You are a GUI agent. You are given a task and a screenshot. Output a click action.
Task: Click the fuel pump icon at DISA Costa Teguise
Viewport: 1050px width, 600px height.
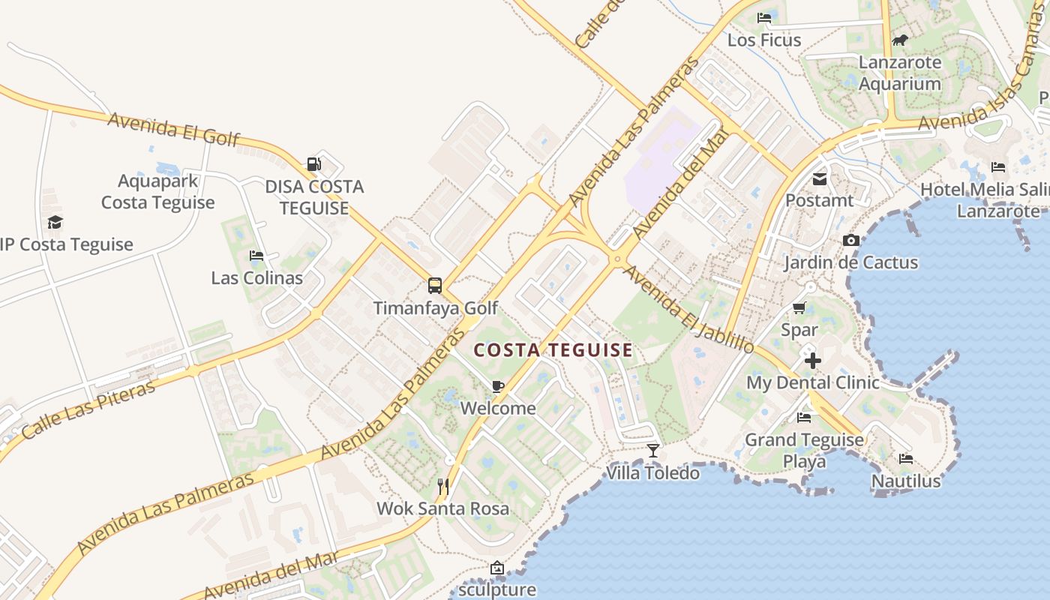pos(313,163)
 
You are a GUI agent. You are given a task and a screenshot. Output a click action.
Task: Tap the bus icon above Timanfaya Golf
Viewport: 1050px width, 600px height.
pos(435,285)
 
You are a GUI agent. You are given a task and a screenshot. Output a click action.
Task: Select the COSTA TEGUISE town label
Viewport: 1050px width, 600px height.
pos(553,350)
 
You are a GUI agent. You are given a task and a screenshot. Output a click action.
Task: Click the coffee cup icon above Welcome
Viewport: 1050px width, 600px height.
pos(497,386)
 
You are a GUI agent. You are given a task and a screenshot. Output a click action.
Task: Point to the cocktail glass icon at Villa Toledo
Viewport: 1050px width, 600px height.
pos(653,450)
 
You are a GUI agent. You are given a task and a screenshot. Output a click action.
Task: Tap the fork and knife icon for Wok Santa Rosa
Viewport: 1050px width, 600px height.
pos(443,487)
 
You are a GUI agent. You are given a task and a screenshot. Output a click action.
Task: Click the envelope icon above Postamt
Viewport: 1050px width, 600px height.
pos(819,179)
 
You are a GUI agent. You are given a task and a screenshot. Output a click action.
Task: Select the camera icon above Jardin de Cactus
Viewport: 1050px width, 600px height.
pos(850,240)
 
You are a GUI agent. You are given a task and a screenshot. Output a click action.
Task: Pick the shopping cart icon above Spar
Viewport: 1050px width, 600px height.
pos(799,307)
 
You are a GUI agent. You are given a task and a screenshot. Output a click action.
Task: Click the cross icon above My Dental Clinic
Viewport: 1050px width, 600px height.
pos(812,361)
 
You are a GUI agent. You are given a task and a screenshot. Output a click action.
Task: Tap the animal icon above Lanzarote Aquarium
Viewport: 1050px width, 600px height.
pos(899,40)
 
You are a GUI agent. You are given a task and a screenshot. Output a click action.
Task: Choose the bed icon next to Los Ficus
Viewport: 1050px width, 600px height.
pos(764,18)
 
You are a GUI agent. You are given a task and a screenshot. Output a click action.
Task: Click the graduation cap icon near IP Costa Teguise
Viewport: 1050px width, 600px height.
pos(55,222)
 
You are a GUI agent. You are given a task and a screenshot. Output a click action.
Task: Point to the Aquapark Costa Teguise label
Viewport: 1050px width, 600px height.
pos(157,191)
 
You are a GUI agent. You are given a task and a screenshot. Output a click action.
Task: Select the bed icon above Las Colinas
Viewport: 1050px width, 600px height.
pos(256,256)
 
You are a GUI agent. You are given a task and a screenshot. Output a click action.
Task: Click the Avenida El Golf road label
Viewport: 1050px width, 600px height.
pos(174,128)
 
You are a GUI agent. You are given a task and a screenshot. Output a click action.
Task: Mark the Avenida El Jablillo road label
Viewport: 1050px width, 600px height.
pos(688,309)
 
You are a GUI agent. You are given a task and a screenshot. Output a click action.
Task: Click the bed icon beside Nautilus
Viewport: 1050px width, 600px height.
pos(905,458)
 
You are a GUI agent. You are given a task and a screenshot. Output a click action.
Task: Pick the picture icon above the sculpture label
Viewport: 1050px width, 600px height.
pos(496,568)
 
